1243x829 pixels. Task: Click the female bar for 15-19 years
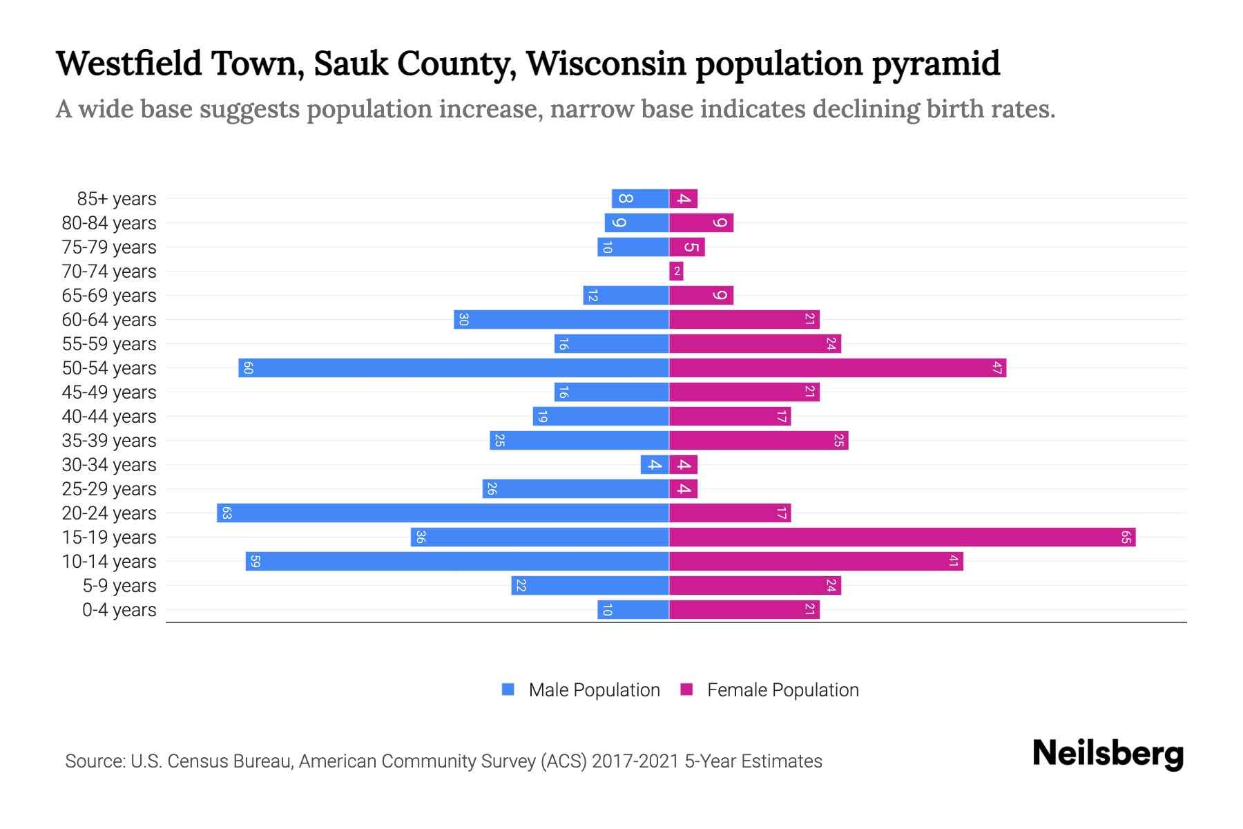tap(902, 537)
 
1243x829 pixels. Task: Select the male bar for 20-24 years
tap(443, 513)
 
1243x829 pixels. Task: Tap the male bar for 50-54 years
tap(454, 368)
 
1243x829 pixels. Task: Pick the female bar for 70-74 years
tap(676, 271)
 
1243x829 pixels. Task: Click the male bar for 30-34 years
tap(654, 464)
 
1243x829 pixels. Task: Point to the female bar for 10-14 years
tap(816, 561)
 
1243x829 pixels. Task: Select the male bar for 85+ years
tap(639, 198)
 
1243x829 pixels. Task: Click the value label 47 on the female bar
tap(996, 368)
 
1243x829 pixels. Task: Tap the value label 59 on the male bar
tap(255, 561)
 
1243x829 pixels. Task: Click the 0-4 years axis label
tap(119, 610)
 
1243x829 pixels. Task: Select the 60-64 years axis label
tap(109, 320)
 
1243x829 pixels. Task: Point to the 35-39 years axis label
tap(109, 441)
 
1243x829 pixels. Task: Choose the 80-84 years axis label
tap(109, 223)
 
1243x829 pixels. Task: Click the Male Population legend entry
tap(594, 689)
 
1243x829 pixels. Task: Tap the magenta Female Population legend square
tap(686, 689)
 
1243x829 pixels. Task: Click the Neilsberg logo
tap(1108, 754)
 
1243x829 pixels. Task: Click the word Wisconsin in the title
tap(606, 64)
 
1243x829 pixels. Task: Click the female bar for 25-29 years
tap(683, 488)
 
